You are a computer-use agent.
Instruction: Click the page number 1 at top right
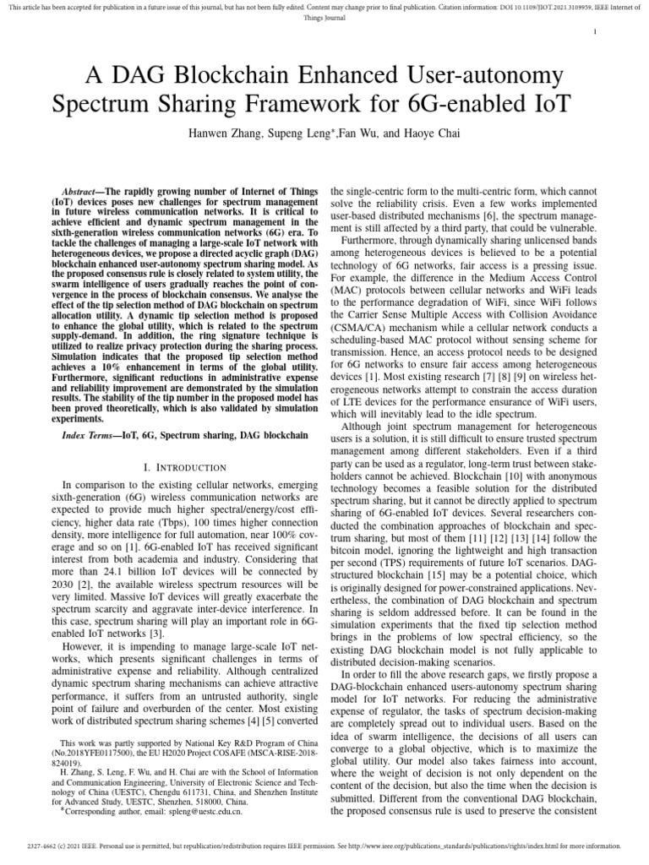(597, 32)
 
